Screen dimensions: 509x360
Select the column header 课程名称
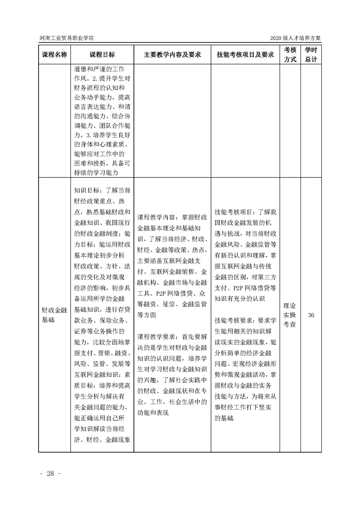54,54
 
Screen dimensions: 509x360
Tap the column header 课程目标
102,54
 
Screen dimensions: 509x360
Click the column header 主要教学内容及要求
172,54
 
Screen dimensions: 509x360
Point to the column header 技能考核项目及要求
245,54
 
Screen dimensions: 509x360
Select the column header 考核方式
290,54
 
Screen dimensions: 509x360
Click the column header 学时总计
311,54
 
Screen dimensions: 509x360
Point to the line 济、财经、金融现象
103,440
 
